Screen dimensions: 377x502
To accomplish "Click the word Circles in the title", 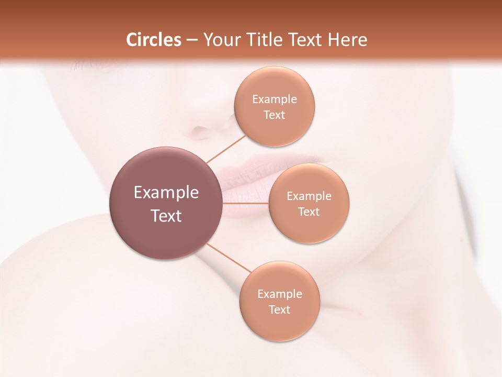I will coord(154,40).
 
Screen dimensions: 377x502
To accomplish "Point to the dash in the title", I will coord(192,40).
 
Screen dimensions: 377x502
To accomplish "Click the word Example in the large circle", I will coord(166,193).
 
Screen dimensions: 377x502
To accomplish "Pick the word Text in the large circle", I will coord(166,216).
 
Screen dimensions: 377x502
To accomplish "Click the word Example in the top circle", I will coord(275,99).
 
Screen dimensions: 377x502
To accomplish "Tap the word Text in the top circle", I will coord(275,115).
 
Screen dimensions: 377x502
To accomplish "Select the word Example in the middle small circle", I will coord(309,196).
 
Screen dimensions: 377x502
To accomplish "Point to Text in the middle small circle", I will coord(309,212).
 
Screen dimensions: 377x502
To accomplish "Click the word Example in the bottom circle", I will coord(280,294).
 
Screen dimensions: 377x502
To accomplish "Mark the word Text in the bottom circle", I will coord(280,310).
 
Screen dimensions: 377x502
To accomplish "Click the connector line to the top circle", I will coord(225,149).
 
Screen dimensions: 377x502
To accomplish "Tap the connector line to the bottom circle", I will coord(229,258).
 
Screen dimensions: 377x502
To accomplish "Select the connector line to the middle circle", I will coord(246,203).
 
